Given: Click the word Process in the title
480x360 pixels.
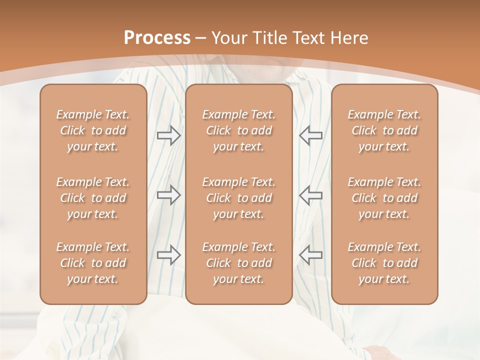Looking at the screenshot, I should coord(157,38).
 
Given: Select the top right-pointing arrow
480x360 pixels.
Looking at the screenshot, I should coord(169,135).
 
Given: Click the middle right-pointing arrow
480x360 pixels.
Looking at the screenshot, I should coord(169,195).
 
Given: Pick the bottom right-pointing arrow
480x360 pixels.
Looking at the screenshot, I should coord(169,255).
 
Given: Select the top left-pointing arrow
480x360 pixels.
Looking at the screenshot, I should coord(310,135).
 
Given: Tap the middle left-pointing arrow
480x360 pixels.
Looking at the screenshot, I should coord(310,195).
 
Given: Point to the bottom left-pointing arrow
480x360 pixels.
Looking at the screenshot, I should coord(310,255).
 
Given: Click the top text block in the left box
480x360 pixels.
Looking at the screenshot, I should coord(93,130).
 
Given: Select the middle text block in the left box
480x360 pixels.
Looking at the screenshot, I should coord(93,198).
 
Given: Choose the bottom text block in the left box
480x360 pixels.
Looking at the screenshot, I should coord(93,263).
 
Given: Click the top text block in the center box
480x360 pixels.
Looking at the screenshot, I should coord(239,130).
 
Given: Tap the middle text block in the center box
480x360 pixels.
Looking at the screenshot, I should coord(239,198).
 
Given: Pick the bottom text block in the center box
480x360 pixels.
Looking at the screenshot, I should coord(239,263).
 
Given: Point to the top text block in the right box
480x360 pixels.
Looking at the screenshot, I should coord(384,130).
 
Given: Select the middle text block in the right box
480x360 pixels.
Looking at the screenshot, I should coord(384,198).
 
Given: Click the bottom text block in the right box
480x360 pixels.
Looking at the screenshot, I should coord(384,263).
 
